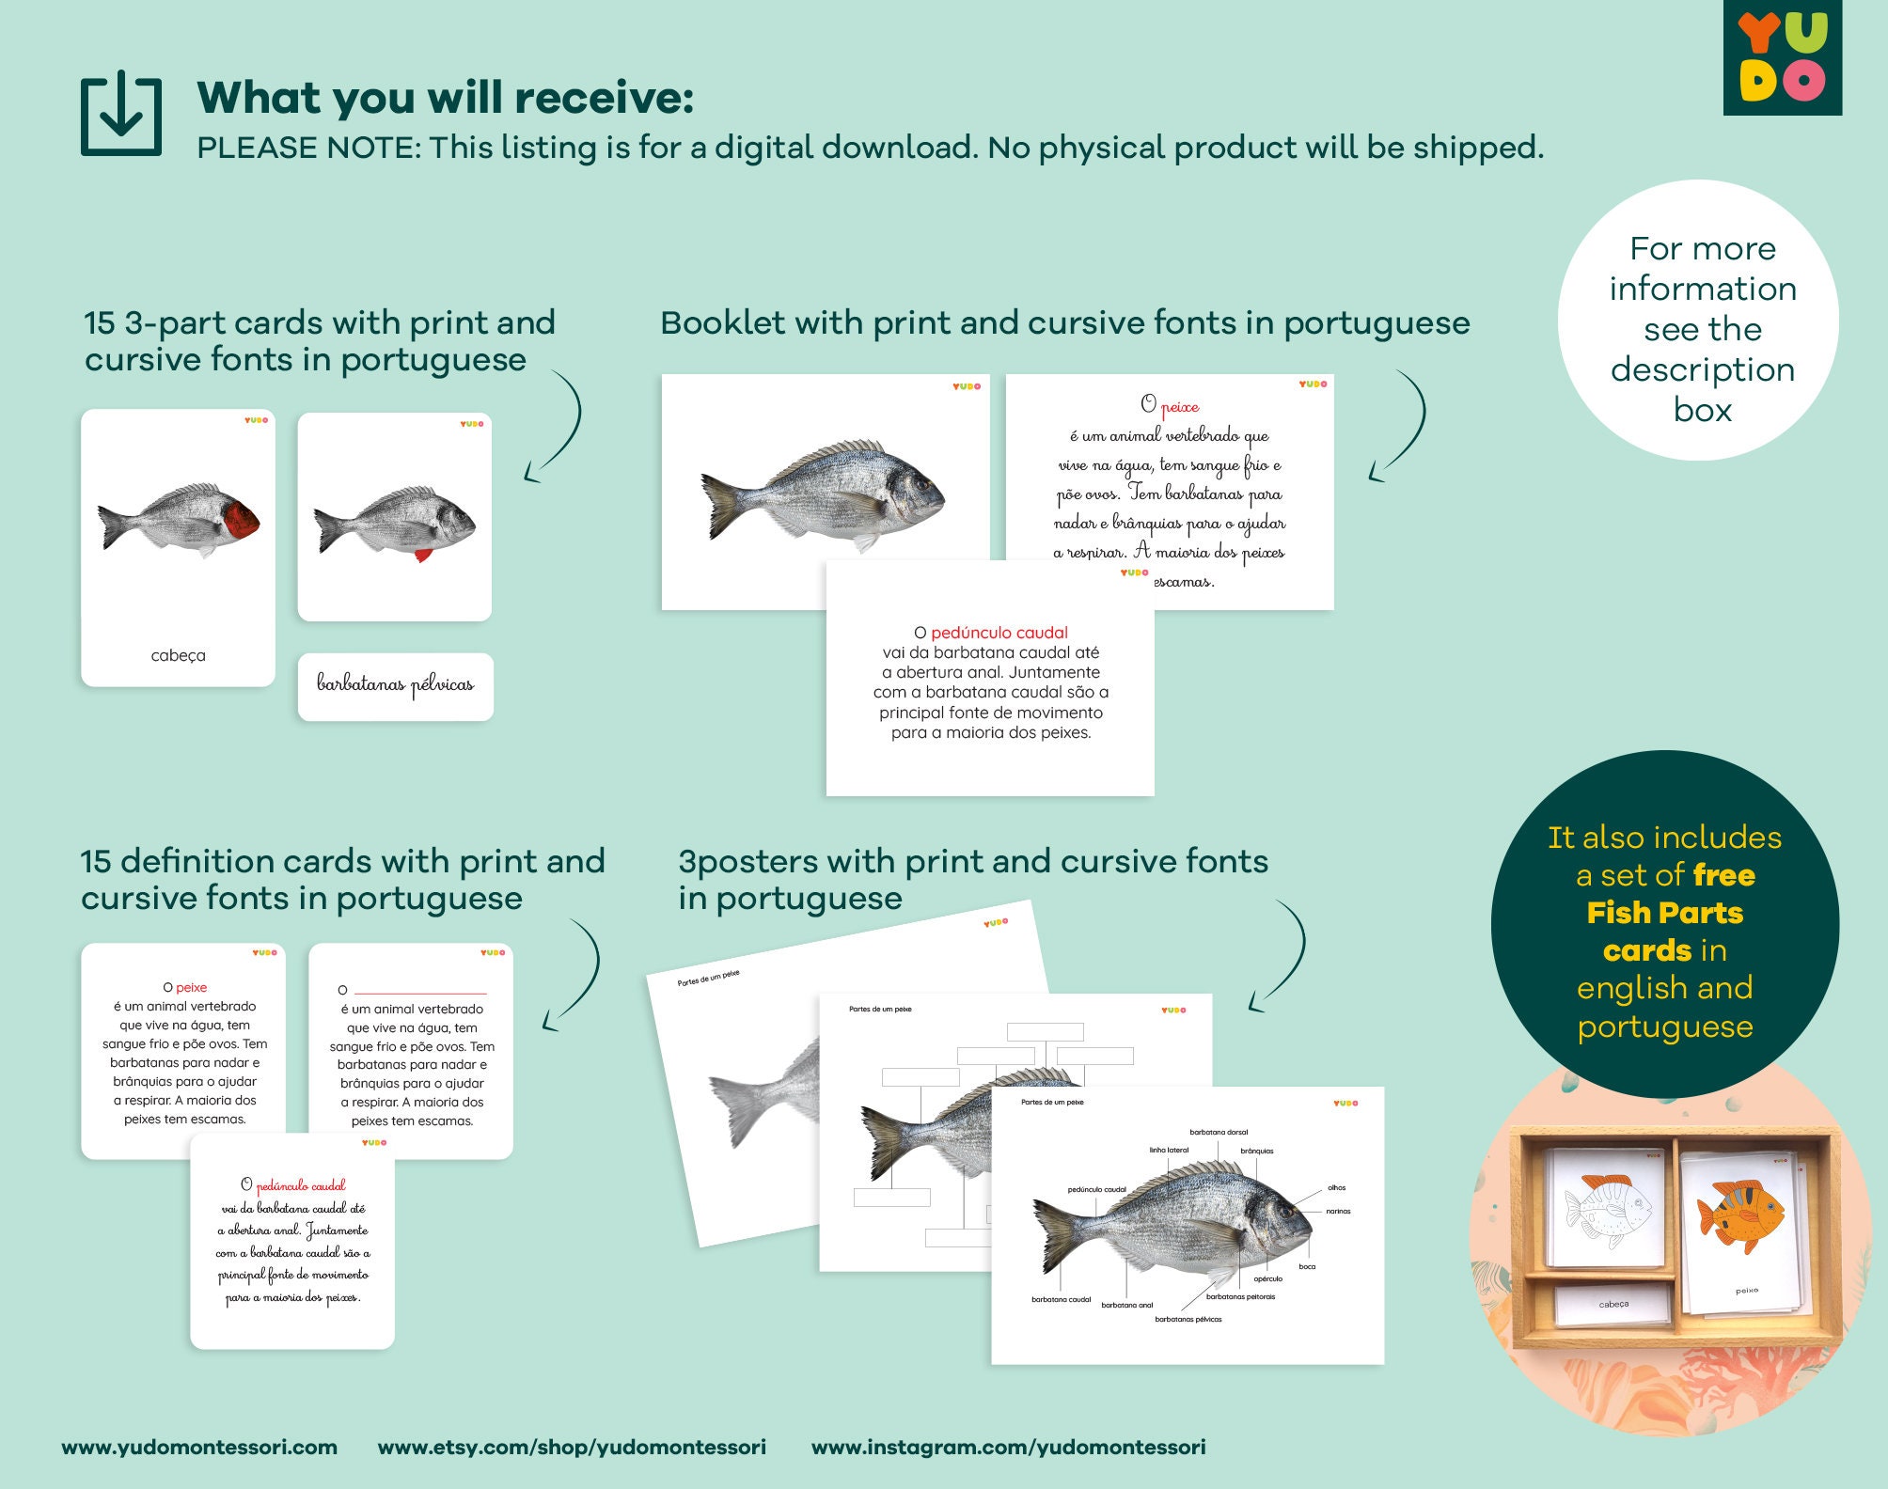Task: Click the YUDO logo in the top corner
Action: tap(1782, 57)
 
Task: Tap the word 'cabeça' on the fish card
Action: tap(178, 655)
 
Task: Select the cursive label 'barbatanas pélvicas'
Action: tap(395, 685)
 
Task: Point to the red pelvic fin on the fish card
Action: tap(423, 555)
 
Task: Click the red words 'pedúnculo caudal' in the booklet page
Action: tap(999, 633)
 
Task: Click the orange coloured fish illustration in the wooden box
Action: tap(1740, 1217)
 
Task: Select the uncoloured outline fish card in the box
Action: tap(1607, 1213)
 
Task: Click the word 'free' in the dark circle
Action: tap(1723, 875)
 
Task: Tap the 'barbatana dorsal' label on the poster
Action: tap(1219, 1132)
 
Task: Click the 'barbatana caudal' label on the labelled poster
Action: tap(1061, 1299)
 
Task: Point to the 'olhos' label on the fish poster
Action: tap(1336, 1187)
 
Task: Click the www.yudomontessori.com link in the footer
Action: tap(199, 1447)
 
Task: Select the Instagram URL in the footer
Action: tap(1008, 1447)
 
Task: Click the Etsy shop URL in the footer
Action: tap(572, 1447)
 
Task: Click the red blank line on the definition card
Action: tap(420, 993)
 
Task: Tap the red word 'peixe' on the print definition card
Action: tap(191, 987)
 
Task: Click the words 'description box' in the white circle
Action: tap(1702, 389)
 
